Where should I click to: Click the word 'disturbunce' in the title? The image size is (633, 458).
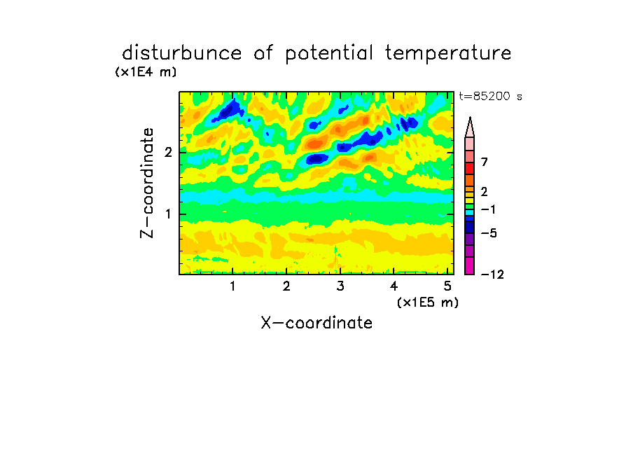tap(182, 53)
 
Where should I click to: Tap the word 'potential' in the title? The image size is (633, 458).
tap(329, 54)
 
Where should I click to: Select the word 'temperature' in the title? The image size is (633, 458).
tap(448, 54)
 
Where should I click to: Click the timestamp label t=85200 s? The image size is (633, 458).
tap(490, 96)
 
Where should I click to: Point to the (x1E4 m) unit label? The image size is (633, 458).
tap(146, 72)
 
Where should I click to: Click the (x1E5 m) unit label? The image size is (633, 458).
tap(428, 302)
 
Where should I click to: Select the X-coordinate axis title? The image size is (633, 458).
tap(316, 323)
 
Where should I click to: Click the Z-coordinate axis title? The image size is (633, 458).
tap(147, 183)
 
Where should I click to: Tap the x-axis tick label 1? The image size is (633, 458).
tap(232, 286)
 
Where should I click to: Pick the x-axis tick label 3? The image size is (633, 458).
tap(340, 286)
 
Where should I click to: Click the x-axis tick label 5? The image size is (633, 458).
tap(447, 286)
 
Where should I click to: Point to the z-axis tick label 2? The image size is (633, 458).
tap(168, 152)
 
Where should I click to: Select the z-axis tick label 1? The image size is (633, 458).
tap(168, 214)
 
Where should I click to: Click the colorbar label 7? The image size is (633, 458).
tap(485, 162)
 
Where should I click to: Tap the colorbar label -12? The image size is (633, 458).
tap(492, 275)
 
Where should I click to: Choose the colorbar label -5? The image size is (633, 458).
tap(489, 233)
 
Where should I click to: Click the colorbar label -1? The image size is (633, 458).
tap(488, 209)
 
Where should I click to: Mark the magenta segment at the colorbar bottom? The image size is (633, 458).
tap(470, 265)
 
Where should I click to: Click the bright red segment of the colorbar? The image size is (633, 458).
tap(470, 168)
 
